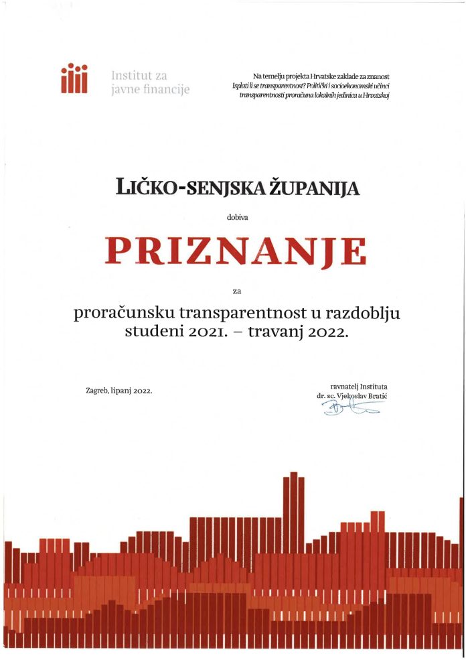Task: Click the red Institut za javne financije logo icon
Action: (x=74, y=80)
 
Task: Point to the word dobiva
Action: (x=237, y=216)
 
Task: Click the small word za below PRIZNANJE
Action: (x=236, y=290)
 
